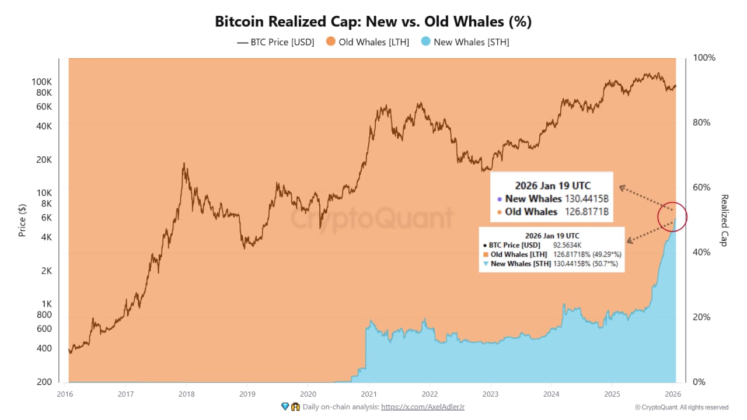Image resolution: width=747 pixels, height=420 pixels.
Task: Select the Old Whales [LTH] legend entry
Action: (x=368, y=42)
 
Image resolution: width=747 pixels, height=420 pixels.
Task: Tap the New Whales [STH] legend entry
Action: (x=465, y=42)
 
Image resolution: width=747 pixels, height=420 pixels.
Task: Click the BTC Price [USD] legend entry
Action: (x=275, y=42)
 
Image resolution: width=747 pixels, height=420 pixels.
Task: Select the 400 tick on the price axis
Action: (x=46, y=348)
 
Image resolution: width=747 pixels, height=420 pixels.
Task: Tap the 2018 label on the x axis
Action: (x=186, y=393)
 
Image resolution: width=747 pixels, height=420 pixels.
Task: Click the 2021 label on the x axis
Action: (x=368, y=393)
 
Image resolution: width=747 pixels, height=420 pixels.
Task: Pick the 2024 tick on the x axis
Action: (x=551, y=393)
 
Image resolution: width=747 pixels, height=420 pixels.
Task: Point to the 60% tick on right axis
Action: (x=701, y=187)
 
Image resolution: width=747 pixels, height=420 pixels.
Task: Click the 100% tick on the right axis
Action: (x=703, y=58)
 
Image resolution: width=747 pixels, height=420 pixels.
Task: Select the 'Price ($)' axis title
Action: (x=22, y=220)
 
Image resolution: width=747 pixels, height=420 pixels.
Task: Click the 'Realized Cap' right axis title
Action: (x=724, y=220)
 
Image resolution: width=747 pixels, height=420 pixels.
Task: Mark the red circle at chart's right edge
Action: (x=672, y=217)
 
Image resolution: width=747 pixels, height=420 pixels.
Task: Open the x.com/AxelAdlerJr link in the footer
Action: (x=423, y=407)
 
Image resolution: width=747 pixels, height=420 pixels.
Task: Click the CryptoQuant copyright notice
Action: (x=681, y=407)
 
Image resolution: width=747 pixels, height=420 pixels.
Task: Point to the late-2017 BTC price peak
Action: (x=184, y=164)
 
